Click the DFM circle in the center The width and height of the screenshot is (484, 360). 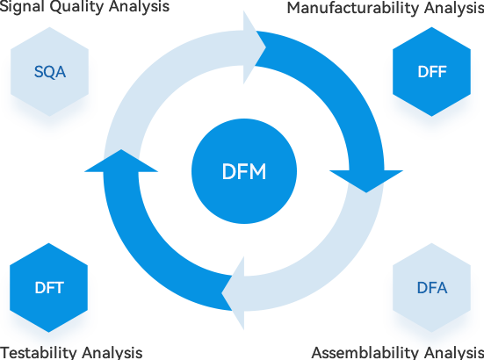tap(244, 171)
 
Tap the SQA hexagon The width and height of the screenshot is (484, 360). tap(50, 72)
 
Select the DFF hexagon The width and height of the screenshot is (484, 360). tap(431, 72)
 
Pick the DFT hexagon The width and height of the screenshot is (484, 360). tap(49, 287)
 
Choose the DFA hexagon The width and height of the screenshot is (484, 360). tap(431, 287)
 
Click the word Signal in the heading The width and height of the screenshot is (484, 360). tap(23, 7)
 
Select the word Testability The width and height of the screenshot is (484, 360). tap(39, 353)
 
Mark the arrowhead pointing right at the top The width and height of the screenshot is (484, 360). tap(255, 47)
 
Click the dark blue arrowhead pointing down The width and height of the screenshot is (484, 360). tap(366, 182)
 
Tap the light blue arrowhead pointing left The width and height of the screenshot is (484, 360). tap(233, 293)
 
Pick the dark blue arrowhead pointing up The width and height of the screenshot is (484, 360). tap(121, 161)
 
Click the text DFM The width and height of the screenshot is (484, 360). tap(244, 171)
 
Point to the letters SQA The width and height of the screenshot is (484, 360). tap(50, 72)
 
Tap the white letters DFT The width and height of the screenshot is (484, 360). tap(49, 288)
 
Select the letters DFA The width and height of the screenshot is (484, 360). tap(432, 288)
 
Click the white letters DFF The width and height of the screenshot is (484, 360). tap(432, 72)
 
